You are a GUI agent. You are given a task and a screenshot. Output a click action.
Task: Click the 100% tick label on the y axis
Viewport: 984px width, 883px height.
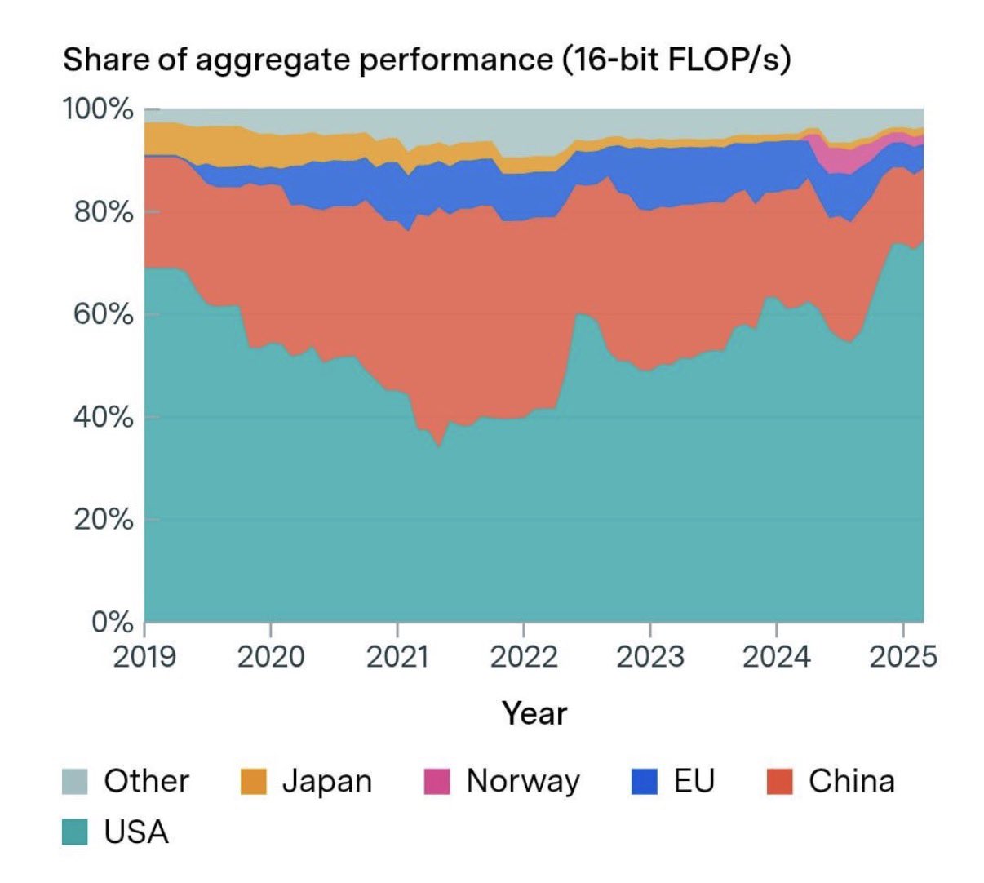98,109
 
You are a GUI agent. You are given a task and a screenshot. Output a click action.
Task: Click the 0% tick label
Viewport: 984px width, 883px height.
111,623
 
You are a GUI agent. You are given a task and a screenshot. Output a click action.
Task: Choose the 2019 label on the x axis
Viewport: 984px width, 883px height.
144,655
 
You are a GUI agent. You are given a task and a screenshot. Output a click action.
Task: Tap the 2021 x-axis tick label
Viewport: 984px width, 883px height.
397,655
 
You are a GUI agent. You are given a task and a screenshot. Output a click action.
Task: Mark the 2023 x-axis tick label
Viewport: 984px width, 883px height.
649,655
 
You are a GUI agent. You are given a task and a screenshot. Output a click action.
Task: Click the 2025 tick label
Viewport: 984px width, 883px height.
902,655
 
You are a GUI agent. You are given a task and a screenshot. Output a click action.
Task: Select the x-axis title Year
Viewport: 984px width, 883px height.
534,713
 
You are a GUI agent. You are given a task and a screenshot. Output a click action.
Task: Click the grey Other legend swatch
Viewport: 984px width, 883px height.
75,782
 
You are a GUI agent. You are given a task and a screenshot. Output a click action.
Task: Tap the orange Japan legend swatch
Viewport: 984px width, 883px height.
254,782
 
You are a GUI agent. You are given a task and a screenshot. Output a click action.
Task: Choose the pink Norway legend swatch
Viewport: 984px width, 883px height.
437,782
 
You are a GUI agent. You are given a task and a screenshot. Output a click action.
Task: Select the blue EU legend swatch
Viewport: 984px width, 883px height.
645,782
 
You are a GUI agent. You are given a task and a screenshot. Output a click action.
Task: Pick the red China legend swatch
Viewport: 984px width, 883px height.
781,782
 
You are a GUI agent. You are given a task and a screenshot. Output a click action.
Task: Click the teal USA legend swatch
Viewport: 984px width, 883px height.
75,832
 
